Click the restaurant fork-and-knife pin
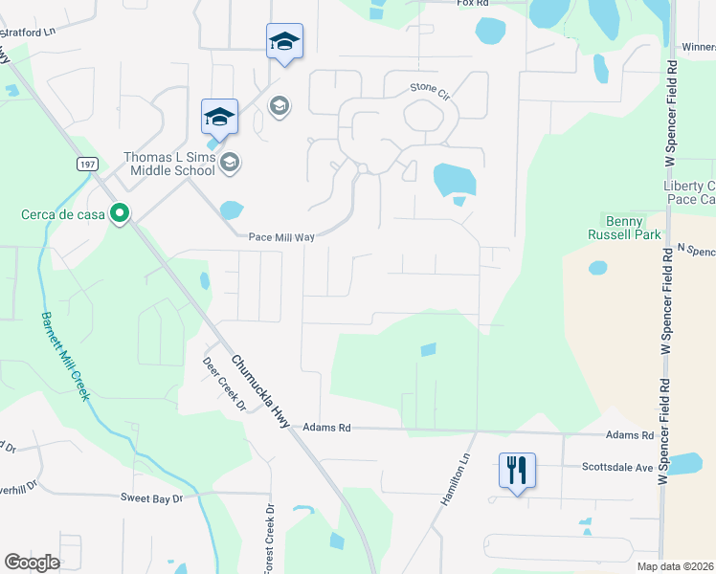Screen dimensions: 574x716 517,471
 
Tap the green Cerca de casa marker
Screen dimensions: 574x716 120,213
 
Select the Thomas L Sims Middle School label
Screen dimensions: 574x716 169,165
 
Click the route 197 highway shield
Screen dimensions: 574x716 88,165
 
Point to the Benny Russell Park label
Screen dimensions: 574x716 626,226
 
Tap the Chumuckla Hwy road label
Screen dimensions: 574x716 259,391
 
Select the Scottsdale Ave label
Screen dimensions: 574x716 616,468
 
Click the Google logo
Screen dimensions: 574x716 32,562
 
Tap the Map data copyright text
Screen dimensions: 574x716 675,566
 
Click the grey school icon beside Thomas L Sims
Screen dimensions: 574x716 229,164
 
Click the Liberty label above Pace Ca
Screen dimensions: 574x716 688,186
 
